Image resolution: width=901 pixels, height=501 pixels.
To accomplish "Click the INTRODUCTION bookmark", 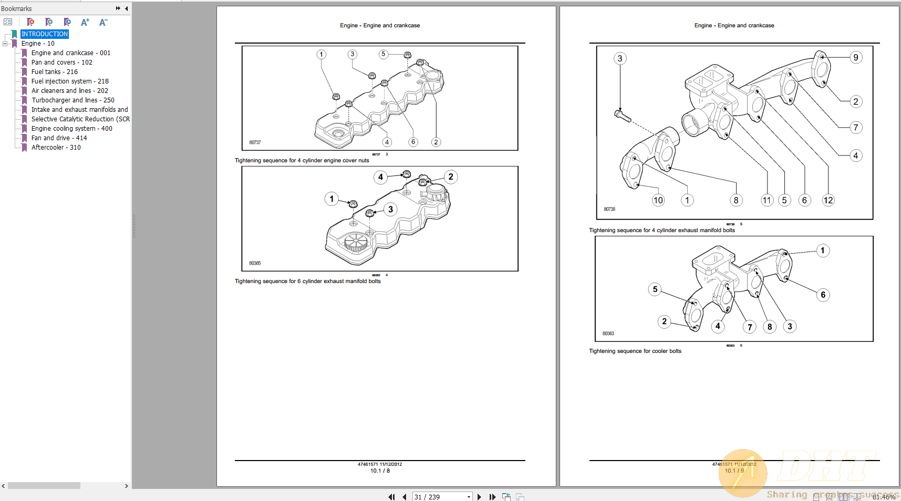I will pyautogui.click(x=45, y=34).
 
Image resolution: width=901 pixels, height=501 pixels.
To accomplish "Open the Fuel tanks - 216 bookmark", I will pyautogui.click(x=54, y=72).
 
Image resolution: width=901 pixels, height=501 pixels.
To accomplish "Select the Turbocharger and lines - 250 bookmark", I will pyautogui.click(x=73, y=100).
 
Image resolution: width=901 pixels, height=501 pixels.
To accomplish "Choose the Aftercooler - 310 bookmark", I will pyautogui.click(x=56, y=148).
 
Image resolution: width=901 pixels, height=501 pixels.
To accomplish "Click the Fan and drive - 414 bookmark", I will pyautogui.click(x=59, y=138).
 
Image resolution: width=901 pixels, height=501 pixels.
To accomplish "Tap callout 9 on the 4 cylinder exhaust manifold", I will pyautogui.click(x=856, y=57).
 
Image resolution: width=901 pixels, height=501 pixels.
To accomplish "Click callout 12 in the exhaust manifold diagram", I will pyautogui.click(x=828, y=200).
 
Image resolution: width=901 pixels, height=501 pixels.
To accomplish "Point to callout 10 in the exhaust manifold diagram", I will pyautogui.click(x=658, y=200).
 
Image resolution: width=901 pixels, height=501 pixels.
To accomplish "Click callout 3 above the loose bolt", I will pyautogui.click(x=620, y=58).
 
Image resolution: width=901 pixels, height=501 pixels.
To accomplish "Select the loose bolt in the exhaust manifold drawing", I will pyautogui.click(x=623, y=116).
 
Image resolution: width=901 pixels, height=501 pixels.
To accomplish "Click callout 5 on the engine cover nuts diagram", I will pyautogui.click(x=384, y=54).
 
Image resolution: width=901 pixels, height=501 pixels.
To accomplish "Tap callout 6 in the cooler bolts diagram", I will pyautogui.click(x=823, y=295).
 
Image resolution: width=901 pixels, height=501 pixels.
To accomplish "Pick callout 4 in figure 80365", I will pyautogui.click(x=380, y=177).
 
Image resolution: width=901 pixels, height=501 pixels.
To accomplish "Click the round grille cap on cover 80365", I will pyautogui.click(x=356, y=243).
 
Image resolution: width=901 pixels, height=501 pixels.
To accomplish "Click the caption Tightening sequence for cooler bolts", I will pyautogui.click(x=635, y=351).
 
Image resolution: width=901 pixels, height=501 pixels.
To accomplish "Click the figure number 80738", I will pyautogui.click(x=609, y=209).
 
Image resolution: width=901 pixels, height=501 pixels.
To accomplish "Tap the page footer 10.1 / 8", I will pyautogui.click(x=380, y=471).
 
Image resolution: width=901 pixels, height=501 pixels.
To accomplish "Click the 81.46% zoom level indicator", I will pyautogui.click(x=884, y=497).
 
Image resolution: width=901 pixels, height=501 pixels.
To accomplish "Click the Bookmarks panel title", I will pyautogui.click(x=16, y=9).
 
